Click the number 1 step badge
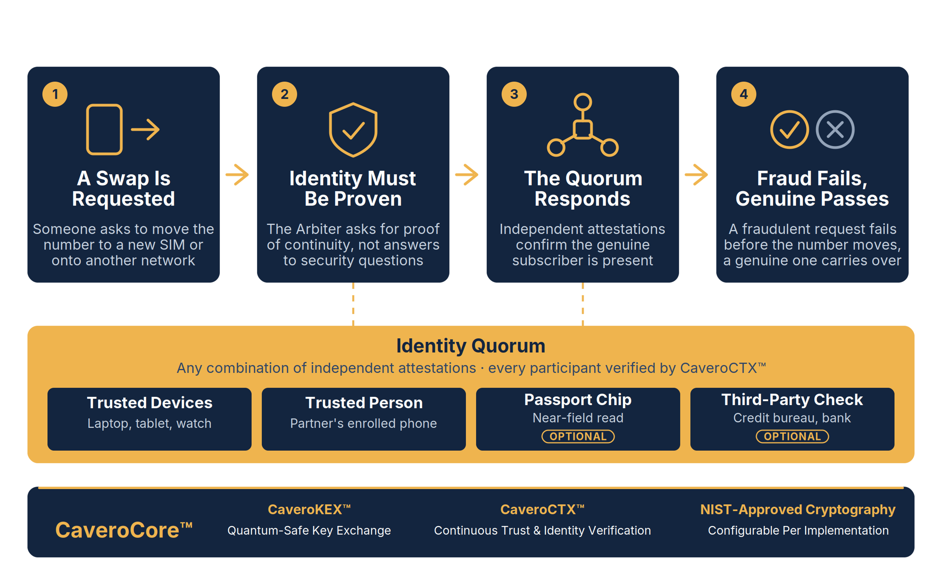[x=55, y=94]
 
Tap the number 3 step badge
[x=514, y=94]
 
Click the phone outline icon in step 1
[x=104, y=130]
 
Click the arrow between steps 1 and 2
[x=237, y=175]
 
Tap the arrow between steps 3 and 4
[x=696, y=175]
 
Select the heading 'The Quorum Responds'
[x=583, y=188]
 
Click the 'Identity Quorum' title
[x=471, y=346]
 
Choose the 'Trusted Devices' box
[x=149, y=419]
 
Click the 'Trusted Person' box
[x=364, y=419]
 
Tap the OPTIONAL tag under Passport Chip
[x=578, y=436]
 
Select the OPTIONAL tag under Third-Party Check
[x=792, y=436]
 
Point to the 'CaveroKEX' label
[x=309, y=509]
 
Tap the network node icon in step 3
[x=583, y=125]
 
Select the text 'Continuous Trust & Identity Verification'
[x=542, y=531]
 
